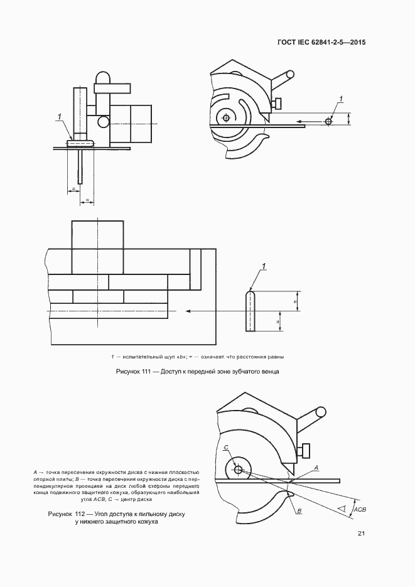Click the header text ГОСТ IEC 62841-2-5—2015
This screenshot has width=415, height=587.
321,43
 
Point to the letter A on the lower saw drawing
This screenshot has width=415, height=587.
316,468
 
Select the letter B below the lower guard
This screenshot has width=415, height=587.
300,511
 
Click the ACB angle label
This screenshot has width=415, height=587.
360,512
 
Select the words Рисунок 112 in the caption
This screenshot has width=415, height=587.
65,514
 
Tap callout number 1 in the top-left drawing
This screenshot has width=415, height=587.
59,116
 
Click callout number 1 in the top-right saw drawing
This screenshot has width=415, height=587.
342,99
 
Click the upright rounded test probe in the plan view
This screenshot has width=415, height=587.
250,311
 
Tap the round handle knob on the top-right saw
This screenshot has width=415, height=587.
289,74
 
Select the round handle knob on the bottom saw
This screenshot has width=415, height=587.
320,412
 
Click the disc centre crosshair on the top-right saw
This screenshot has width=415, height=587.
227,117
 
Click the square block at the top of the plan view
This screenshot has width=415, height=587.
97,234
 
